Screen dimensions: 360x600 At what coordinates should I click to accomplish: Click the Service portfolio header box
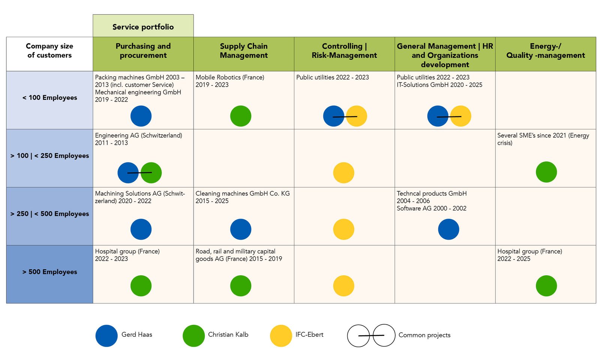(x=143, y=27)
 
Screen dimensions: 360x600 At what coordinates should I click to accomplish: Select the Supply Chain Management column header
(x=244, y=51)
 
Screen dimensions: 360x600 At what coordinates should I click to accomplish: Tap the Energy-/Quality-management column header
(x=545, y=51)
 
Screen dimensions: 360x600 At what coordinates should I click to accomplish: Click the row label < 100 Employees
(x=49, y=98)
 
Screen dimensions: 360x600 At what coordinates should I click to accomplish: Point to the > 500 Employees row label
(x=49, y=272)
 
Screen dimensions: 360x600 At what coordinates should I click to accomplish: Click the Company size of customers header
(x=49, y=51)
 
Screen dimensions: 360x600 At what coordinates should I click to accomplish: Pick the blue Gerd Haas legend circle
(x=106, y=336)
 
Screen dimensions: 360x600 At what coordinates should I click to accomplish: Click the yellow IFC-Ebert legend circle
(x=281, y=336)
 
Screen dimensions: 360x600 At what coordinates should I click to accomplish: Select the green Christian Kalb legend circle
(x=193, y=336)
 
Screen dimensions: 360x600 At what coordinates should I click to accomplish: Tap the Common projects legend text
(x=424, y=335)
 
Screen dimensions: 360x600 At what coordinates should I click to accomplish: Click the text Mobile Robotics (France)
(x=230, y=77)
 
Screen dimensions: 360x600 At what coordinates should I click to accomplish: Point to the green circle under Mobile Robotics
(x=241, y=116)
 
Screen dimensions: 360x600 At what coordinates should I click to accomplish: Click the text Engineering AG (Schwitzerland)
(x=138, y=135)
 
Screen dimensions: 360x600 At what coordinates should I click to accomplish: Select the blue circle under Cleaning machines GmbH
(x=241, y=229)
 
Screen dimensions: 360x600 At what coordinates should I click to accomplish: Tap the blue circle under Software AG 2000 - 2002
(x=448, y=229)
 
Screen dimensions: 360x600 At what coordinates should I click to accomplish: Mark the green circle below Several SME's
(x=546, y=172)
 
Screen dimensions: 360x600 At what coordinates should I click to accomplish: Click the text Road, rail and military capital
(x=235, y=251)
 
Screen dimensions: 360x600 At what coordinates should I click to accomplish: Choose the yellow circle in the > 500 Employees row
(x=343, y=286)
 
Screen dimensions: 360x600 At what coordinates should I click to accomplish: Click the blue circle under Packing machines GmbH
(x=141, y=116)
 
